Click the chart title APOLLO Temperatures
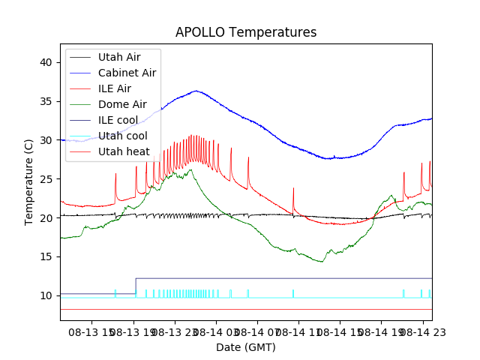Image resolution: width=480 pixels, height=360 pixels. pyautogui.click(x=246, y=33)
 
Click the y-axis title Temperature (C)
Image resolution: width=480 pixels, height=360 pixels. pyautogui.click(x=29, y=181)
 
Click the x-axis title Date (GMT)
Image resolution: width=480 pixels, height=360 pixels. pyautogui.click(x=246, y=347)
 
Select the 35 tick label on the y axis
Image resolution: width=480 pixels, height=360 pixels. pyautogui.click(x=46, y=101)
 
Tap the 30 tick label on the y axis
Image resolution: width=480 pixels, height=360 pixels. pyautogui.click(x=46, y=140)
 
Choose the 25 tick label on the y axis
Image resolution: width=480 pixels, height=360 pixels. pyautogui.click(x=46, y=179)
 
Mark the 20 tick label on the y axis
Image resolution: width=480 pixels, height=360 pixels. pyautogui.click(x=46, y=218)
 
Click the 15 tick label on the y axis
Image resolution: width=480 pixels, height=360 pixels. pyautogui.click(x=46, y=257)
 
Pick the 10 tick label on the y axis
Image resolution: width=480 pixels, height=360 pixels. pyautogui.click(x=46, y=295)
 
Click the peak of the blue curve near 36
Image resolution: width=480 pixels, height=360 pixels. pyautogui.click(x=196, y=91)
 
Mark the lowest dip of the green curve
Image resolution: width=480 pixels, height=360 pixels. pyautogui.click(x=322, y=262)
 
